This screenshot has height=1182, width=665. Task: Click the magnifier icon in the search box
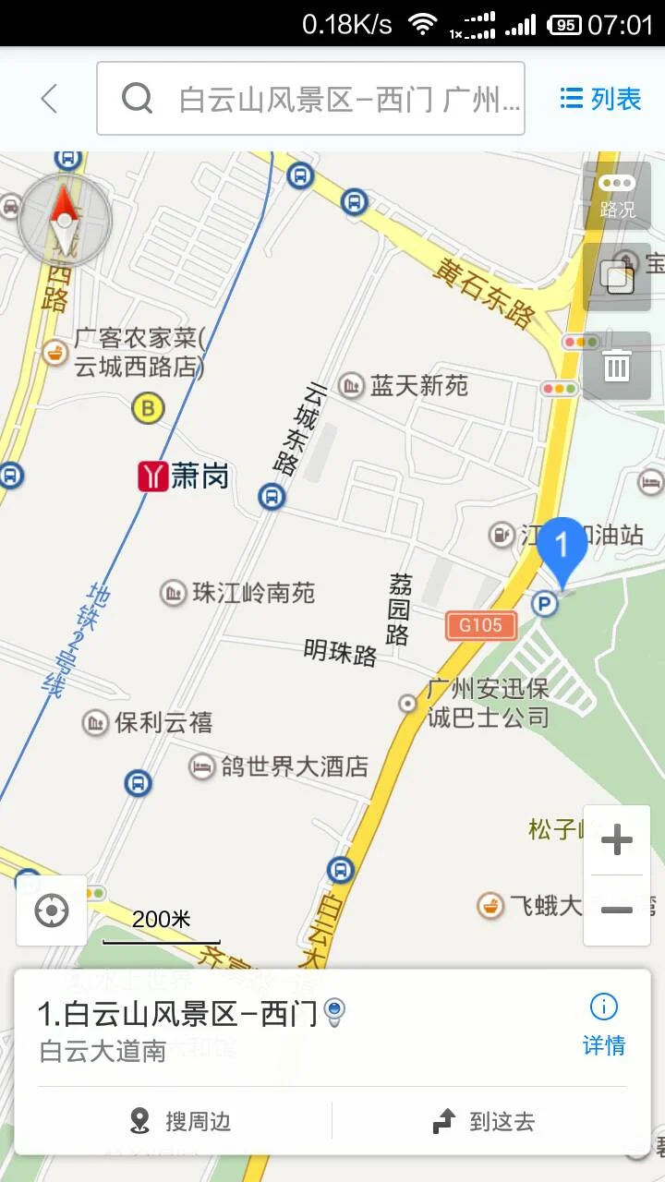click(x=137, y=98)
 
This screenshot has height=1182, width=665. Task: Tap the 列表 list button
click(x=601, y=98)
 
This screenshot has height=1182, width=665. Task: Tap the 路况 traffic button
click(x=617, y=197)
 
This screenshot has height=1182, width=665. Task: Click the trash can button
click(x=617, y=367)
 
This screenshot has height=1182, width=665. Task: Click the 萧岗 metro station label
click(x=184, y=476)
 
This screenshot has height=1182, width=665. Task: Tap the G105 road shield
click(x=480, y=625)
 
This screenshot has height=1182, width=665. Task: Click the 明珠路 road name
click(x=340, y=653)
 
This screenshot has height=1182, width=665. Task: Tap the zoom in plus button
click(x=616, y=840)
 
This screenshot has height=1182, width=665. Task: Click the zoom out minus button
click(x=616, y=911)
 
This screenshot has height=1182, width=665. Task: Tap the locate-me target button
click(x=52, y=911)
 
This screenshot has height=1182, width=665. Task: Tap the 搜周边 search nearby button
click(x=181, y=1121)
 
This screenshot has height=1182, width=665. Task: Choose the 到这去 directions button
click(x=484, y=1121)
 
